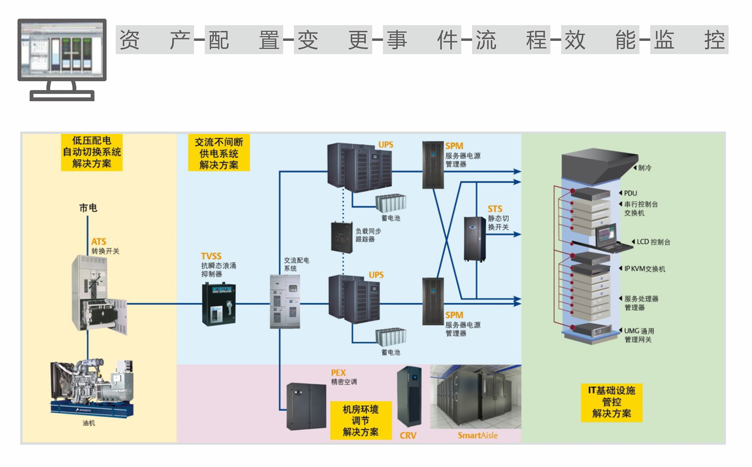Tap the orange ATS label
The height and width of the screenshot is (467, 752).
[98, 242]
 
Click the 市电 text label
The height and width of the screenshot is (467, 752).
[88, 208]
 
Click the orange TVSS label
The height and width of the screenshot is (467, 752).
[211, 256]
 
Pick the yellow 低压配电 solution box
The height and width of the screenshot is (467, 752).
[92, 152]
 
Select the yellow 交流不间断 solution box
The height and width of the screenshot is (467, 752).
[219, 153]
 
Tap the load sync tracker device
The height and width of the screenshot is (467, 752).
[341, 237]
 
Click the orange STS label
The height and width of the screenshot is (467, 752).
[495, 209]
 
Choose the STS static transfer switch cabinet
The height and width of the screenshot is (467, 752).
[475, 239]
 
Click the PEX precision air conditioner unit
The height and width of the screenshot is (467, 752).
[306, 406]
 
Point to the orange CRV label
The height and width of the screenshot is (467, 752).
[408, 435]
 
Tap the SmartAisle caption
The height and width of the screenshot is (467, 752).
[477, 435]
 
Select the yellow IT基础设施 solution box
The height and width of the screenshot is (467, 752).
[611, 402]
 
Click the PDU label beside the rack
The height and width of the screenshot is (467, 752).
[630, 193]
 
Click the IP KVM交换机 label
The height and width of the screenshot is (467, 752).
[644, 269]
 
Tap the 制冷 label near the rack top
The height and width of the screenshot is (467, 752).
[644, 168]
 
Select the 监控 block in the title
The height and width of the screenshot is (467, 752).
[689, 40]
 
